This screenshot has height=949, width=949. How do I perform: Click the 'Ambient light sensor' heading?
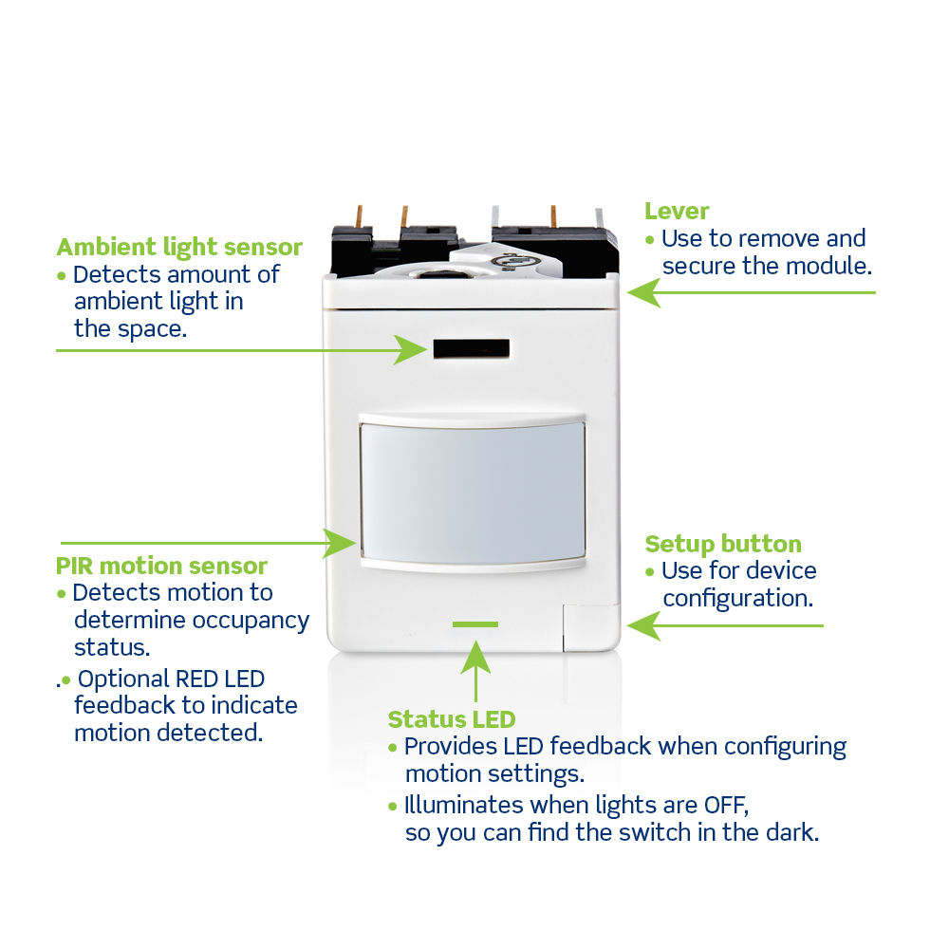point(179,248)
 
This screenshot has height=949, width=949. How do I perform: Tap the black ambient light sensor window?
point(472,348)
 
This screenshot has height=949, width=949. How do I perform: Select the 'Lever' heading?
point(677,212)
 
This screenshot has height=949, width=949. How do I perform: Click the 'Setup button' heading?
point(723,544)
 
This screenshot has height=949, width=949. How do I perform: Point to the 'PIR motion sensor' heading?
point(161,566)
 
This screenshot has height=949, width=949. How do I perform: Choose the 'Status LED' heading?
point(452,719)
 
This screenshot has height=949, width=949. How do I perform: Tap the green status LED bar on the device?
point(475,624)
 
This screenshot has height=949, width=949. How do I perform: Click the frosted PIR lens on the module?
point(473,493)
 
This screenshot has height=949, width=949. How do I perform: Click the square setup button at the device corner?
point(591,627)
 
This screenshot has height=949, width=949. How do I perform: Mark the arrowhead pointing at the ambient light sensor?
point(411,350)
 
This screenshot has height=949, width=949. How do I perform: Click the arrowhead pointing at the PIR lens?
point(340,543)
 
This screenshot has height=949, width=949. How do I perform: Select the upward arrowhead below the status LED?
point(475,657)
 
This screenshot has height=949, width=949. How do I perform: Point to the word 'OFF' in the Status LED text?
point(726,806)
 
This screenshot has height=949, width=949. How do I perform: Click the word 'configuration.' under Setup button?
point(737,599)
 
